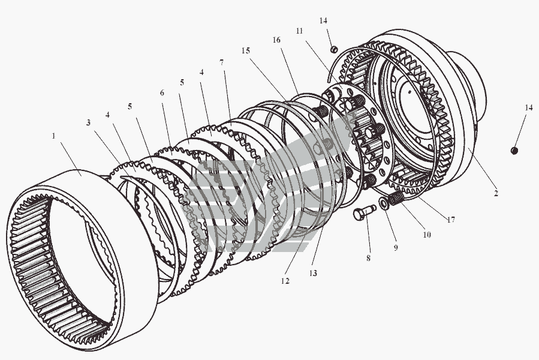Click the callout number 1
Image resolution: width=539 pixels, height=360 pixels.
tap(53, 136)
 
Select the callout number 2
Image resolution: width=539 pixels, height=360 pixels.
tap(496, 193)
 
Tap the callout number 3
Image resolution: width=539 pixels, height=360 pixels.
tap(88, 122)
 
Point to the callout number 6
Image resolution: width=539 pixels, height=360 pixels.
tap(162, 92)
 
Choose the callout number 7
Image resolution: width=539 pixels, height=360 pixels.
tap(222, 62)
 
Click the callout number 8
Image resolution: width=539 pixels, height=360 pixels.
tap(368, 258)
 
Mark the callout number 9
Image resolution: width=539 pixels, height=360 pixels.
tap(396, 247)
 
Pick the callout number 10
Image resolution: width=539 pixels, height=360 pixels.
tap(427, 235)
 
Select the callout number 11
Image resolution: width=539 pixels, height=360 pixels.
tap(299, 31)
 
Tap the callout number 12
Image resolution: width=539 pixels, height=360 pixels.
tap(285, 281)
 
